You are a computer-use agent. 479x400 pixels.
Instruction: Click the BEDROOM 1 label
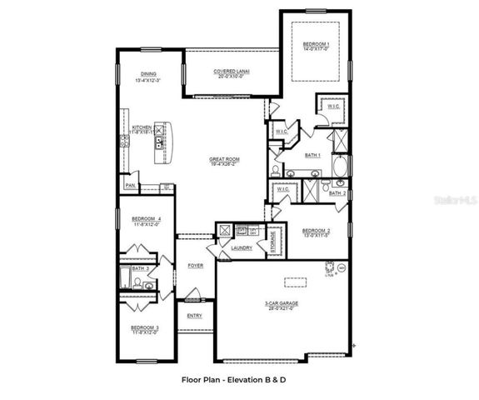(316, 43)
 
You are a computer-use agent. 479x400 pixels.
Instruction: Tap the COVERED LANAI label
(232, 72)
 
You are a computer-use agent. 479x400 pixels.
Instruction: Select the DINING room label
(148, 73)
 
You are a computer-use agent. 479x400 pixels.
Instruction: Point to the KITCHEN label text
(142, 127)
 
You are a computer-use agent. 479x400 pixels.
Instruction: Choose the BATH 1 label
(312, 155)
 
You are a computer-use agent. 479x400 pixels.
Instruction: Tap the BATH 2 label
(337, 192)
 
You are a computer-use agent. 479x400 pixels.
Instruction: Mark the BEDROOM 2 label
(317, 230)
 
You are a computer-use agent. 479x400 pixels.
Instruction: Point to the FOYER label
(195, 266)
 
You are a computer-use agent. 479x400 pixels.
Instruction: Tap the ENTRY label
(194, 316)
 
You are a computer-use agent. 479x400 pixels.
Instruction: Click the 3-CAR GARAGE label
(282, 303)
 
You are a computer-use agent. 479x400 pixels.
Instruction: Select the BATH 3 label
(142, 269)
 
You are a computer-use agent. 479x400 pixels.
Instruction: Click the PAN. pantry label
(130, 185)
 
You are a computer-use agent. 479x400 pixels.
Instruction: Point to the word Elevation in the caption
(245, 378)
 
